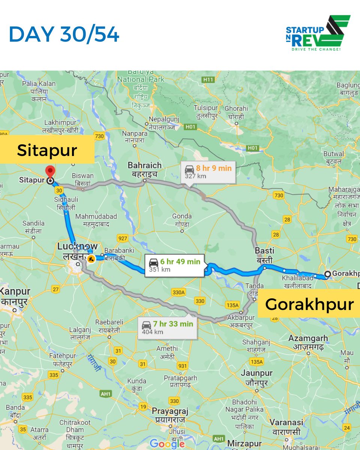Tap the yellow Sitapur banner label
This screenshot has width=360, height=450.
(x=47, y=150)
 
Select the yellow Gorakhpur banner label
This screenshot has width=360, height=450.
(x=309, y=304)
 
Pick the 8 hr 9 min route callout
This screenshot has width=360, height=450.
(x=208, y=171)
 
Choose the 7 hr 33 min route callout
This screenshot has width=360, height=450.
(x=167, y=327)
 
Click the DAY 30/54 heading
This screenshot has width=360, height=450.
(x=64, y=35)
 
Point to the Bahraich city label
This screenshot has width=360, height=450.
(x=144, y=169)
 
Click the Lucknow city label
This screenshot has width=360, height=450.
(x=77, y=250)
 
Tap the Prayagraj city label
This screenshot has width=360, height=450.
(x=169, y=415)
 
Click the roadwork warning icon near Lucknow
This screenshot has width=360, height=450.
(x=91, y=258)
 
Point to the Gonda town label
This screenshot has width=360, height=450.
(x=182, y=220)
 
